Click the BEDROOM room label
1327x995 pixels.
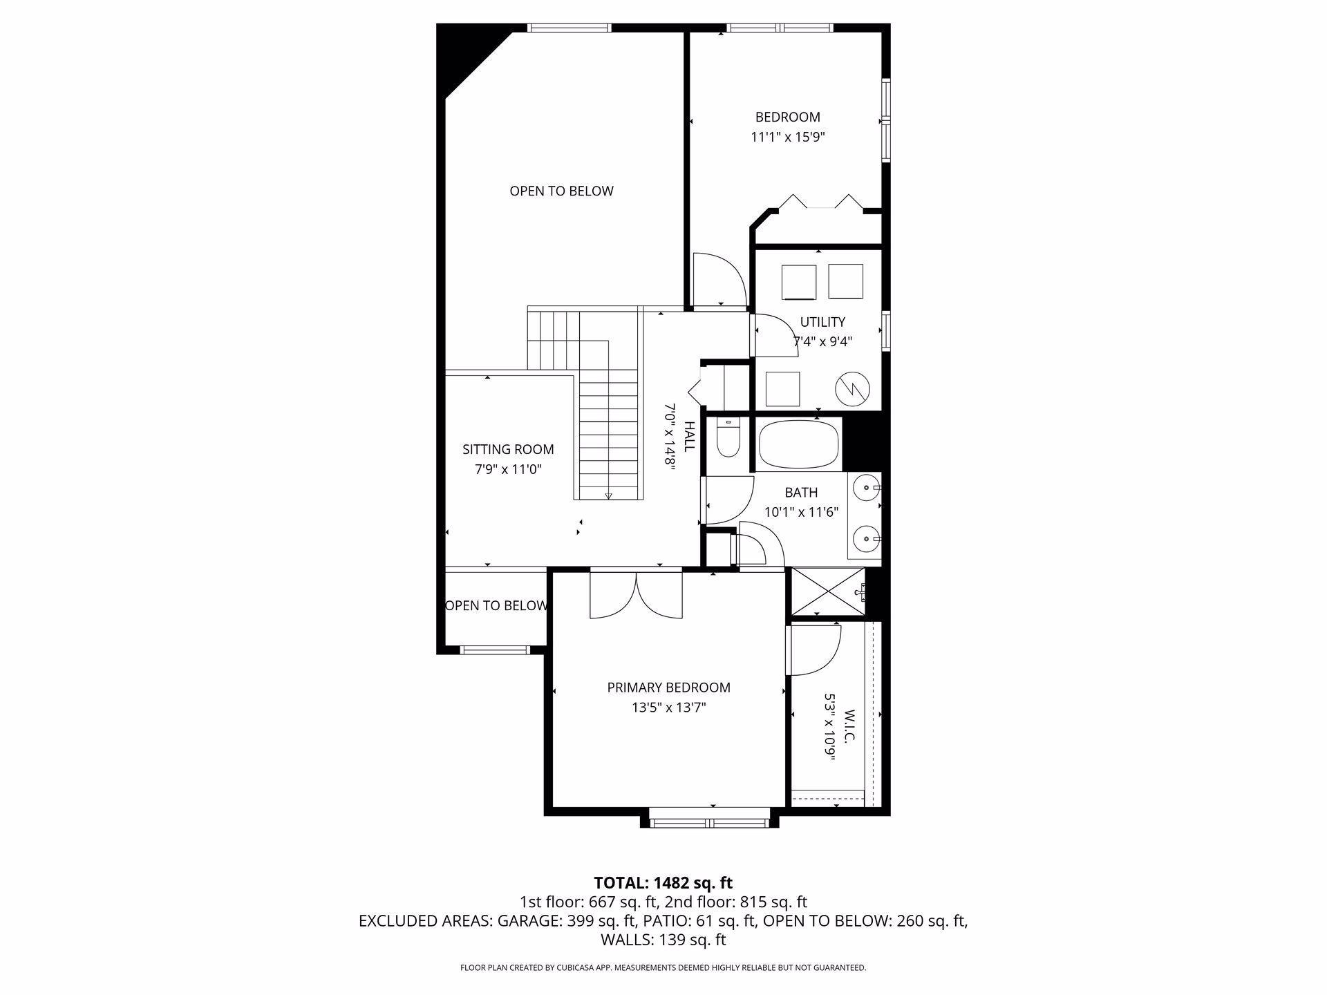[x=787, y=117]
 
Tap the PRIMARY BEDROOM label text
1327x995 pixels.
[x=668, y=688]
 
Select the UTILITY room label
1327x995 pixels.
[x=822, y=322]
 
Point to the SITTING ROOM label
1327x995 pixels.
[x=508, y=450]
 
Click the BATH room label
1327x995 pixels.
[x=801, y=493]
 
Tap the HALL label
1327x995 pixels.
[x=689, y=437]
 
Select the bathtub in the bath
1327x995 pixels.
[x=800, y=446]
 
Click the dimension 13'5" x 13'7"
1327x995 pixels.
[x=668, y=708]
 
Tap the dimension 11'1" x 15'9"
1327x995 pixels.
[x=788, y=138]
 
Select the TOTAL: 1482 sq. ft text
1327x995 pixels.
[x=663, y=883]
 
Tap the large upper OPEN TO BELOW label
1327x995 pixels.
[x=561, y=191]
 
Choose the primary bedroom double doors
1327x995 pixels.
[x=636, y=594]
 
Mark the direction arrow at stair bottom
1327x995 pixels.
[x=608, y=495]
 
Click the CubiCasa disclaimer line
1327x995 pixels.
[x=663, y=968]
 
